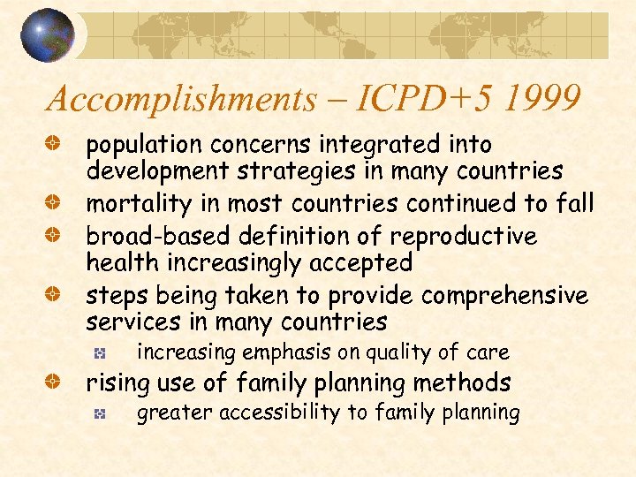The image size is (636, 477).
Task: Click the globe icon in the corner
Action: tap(47, 35)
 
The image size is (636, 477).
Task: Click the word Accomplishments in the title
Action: tap(181, 100)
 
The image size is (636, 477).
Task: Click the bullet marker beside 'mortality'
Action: tap(53, 203)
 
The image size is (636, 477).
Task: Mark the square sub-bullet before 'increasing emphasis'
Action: tap(101, 353)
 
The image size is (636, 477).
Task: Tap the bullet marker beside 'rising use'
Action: tap(53, 383)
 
